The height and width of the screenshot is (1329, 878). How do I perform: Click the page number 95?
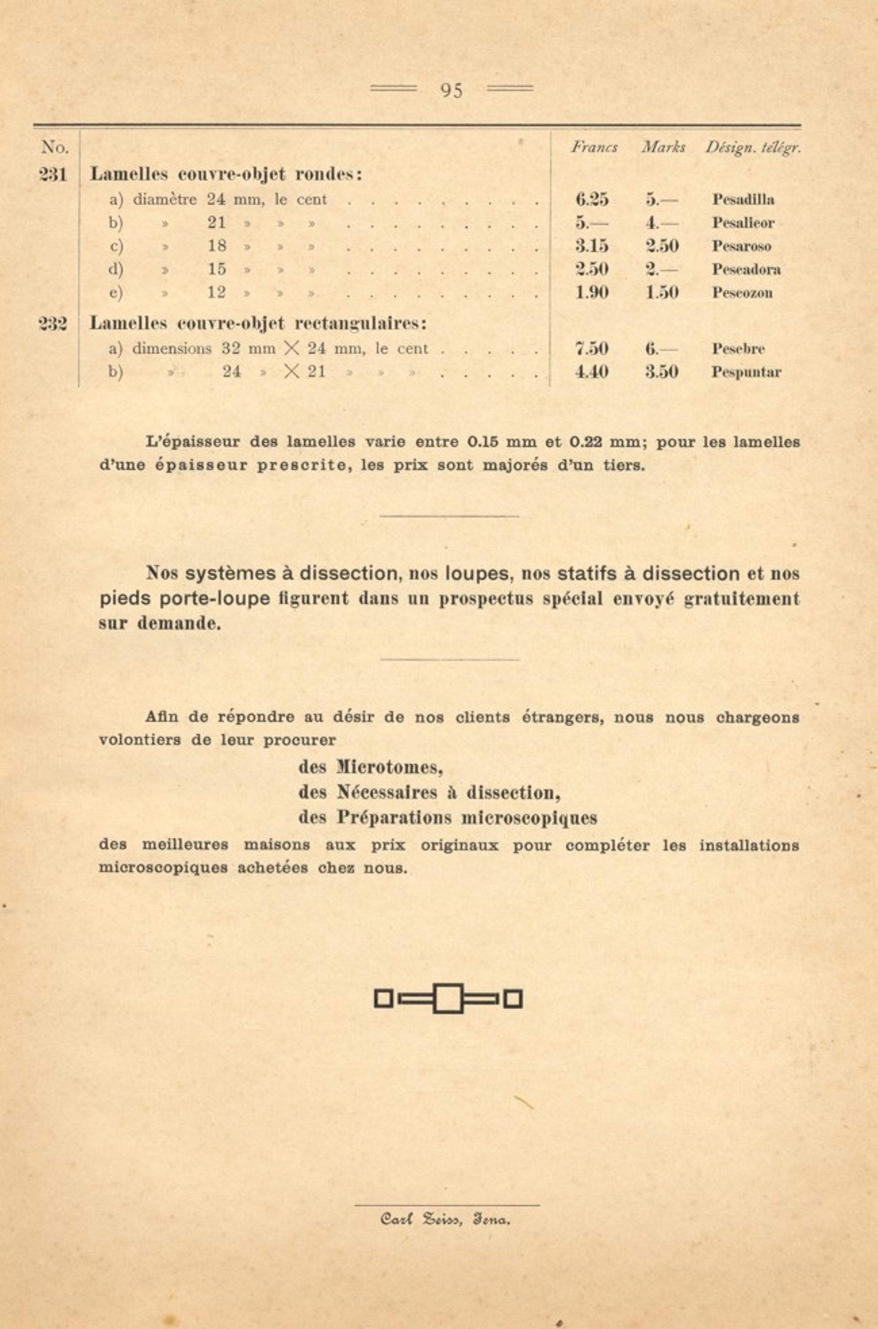click(451, 90)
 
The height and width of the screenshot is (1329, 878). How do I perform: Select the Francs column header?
click(594, 147)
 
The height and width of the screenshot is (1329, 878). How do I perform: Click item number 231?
click(53, 175)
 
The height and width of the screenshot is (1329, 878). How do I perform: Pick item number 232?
click(53, 324)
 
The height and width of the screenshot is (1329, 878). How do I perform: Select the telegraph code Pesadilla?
click(743, 199)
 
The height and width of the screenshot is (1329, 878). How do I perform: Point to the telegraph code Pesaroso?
click(741, 246)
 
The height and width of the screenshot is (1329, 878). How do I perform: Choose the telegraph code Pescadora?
click(746, 269)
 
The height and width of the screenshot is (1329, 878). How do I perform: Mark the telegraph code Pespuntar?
click(746, 372)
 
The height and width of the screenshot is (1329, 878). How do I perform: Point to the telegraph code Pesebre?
click(738, 348)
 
